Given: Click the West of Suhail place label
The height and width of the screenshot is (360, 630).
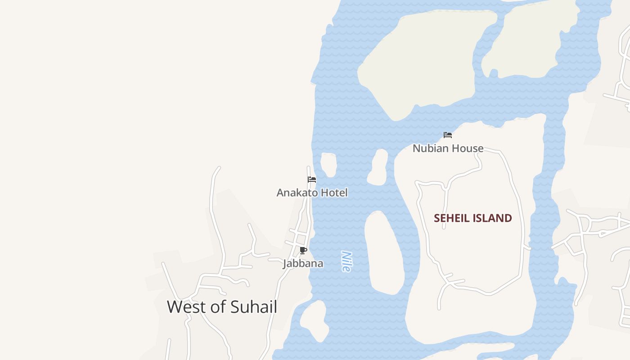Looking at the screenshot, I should [x=222, y=307].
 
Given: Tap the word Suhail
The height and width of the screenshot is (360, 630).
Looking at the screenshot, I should [x=253, y=307].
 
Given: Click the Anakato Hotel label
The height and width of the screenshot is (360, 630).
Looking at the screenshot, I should [x=312, y=193].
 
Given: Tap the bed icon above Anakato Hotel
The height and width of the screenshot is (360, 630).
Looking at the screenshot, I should [x=312, y=180].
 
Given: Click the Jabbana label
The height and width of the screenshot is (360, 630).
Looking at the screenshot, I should [x=303, y=263].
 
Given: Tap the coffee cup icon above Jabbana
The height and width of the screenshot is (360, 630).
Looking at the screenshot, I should [x=303, y=250].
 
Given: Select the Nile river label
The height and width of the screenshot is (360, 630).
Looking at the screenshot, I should [x=346, y=261].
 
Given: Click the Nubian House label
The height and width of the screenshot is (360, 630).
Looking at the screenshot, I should [x=448, y=148].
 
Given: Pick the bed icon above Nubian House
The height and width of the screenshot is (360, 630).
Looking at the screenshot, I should [x=447, y=135].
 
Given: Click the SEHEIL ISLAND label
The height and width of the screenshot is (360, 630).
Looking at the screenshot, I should [x=472, y=218].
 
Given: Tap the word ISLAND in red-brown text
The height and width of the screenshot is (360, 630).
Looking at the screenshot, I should [x=493, y=218].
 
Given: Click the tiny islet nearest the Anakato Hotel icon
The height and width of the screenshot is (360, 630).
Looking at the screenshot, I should [x=329, y=164].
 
